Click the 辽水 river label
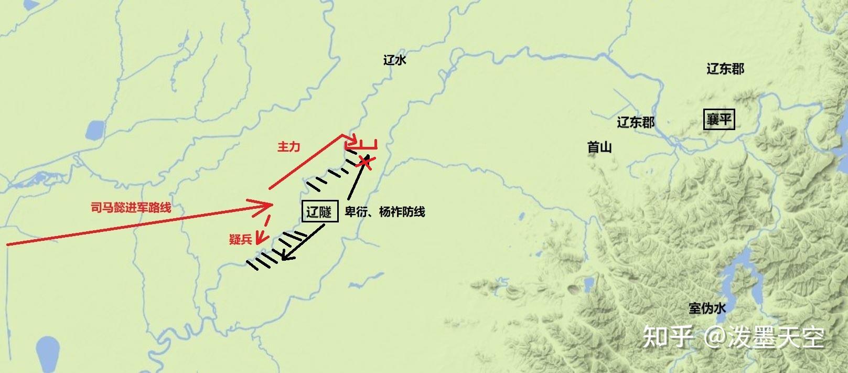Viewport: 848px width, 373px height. pos(395,60)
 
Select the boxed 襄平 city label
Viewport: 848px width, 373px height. pos(718,120)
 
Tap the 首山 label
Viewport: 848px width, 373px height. pos(599,147)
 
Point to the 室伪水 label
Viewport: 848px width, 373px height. pos(707,308)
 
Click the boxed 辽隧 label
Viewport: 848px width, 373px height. pos(320,212)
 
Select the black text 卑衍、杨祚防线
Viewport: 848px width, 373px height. pos(385,212)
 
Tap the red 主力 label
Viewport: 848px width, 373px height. pos(288,147)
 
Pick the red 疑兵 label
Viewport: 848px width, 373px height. pos(240,239)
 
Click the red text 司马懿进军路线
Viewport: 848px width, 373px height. pos(131,208)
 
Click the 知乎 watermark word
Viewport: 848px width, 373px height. pos(668,337)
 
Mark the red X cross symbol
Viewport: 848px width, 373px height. pos(366,162)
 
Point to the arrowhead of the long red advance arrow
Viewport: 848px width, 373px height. pos(266,205)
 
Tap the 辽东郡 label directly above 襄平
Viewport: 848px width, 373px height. pos(725,69)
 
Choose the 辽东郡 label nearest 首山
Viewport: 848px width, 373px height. pos(636,122)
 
